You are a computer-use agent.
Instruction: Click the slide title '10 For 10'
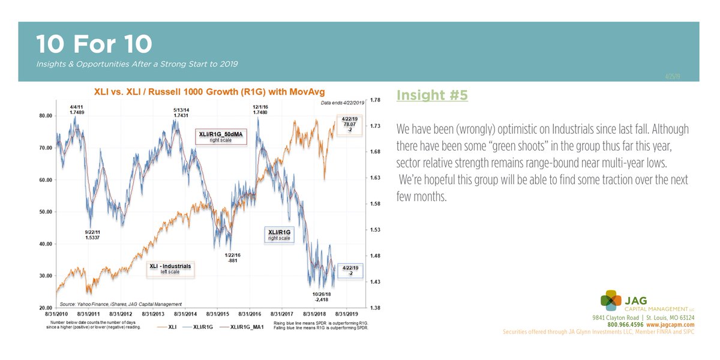pyautogui.click(x=94, y=43)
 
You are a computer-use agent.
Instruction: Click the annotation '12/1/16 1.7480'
pyautogui.click(x=259, y=109)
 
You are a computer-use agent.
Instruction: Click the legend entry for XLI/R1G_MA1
pyautogui.click(x=248, y=327)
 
